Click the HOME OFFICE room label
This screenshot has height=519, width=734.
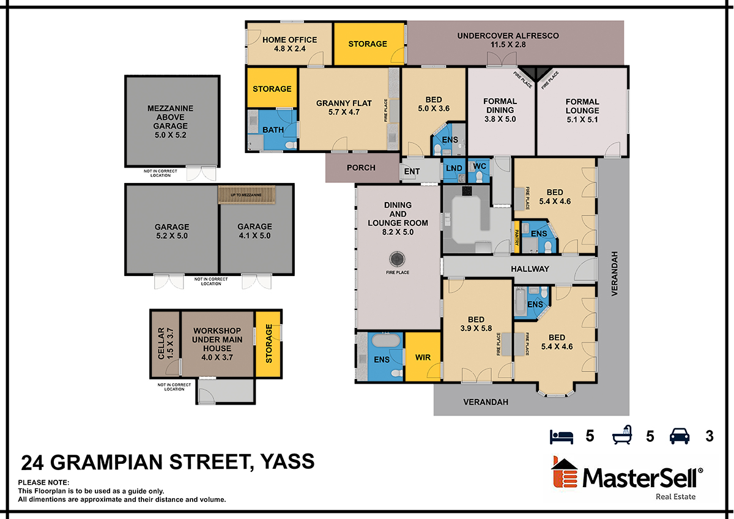(x=290, y=40)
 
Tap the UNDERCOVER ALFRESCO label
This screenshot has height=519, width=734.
(x=508, y=35)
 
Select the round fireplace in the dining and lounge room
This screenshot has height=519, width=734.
(x=397, y=259)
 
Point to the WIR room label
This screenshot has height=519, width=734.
(x=423, y=357)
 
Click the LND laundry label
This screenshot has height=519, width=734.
(x=454, y=168)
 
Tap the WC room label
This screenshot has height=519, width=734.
(x=480, y=166)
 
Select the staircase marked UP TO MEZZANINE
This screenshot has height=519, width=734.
(x=247, y=195)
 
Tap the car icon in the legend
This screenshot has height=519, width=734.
(x=680, y=436)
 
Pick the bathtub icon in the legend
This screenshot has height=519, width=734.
(x=622, y=435)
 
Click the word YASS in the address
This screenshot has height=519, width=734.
(x=287, y=461)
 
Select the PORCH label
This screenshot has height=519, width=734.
(x=361, y=168)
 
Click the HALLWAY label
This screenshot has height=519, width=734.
(x=530, y=269)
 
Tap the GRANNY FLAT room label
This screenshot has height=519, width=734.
(x=344, y=103)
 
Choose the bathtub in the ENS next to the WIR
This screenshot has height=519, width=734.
(x=386, y=340)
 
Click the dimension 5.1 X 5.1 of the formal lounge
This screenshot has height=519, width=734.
(x=582, y=120)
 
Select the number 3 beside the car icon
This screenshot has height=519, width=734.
(x=709, y=436)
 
